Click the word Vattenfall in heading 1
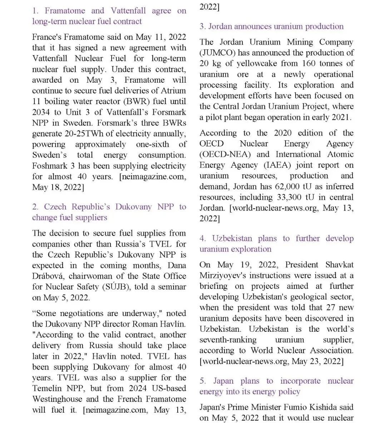[x=128, y=11]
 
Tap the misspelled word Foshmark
[x=50, y=166]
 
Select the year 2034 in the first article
[x=41, y=112]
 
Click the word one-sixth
[x=152, y=144]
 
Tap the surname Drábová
[x=48, y=276]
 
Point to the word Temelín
[x=48, y=388]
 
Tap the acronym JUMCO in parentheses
[x=218, y=53]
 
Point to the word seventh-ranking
[x=228, y=340]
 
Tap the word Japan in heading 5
[x=223, y=381]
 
